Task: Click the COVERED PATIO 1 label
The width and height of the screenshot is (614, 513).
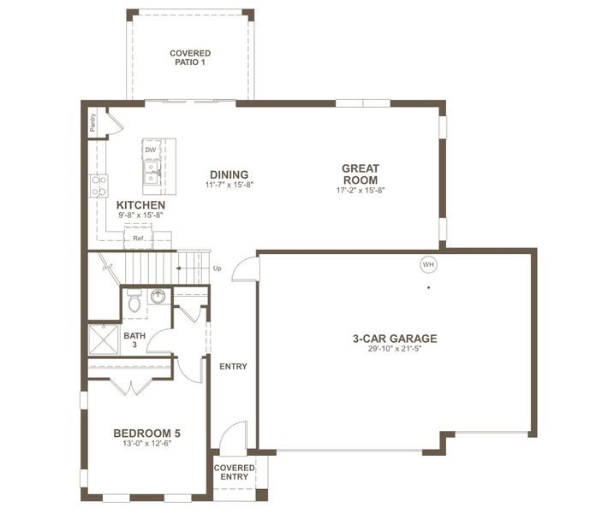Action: (189, 57)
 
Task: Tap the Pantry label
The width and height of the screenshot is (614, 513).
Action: (92, 123)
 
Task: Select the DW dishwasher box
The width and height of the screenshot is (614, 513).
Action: (151, 150)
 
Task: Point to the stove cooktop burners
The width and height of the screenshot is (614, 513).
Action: (98, 186)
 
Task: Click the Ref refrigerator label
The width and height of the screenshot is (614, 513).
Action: (138, 239)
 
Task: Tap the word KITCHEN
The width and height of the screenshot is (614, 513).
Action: (141, 206)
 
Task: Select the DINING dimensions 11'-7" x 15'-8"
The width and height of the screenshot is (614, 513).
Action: (230, 185)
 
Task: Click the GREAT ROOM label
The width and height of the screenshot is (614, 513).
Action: (361, 174)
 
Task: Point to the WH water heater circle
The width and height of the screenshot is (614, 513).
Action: (427, 264)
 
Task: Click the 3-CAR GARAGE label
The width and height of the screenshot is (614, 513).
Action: (395, 339)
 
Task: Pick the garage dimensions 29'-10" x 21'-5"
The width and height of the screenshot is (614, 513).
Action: (395, 349)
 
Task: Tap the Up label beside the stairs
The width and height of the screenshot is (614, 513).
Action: (217, 268)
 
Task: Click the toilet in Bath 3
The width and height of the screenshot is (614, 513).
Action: (134, 302)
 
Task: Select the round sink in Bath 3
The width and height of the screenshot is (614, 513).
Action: (158, 297)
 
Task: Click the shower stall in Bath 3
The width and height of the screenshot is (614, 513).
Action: (102, 339)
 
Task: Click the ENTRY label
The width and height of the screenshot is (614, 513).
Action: (233, 366)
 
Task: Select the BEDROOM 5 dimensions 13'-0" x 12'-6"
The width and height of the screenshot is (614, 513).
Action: (146, 444)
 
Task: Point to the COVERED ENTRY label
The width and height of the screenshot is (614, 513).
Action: (234, 472)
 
